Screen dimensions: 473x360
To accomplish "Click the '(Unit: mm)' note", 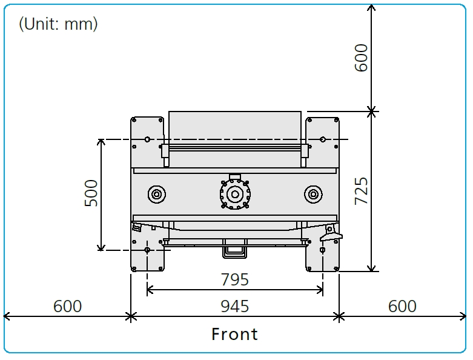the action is [58, 24].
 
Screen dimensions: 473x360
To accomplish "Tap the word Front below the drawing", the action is [235, 334].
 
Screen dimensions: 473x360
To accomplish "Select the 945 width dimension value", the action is [235, 306].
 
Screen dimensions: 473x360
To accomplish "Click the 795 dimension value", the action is [235, 279].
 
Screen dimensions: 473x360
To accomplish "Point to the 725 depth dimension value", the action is [362, 192].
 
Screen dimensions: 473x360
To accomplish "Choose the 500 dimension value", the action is [91, 193].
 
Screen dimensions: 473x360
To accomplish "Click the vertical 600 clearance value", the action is [362, 58].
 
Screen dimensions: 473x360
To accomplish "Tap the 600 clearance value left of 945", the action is [68, 306].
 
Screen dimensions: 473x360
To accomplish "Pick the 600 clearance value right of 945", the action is [402, 306].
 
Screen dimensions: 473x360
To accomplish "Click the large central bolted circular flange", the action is [235, 194].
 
